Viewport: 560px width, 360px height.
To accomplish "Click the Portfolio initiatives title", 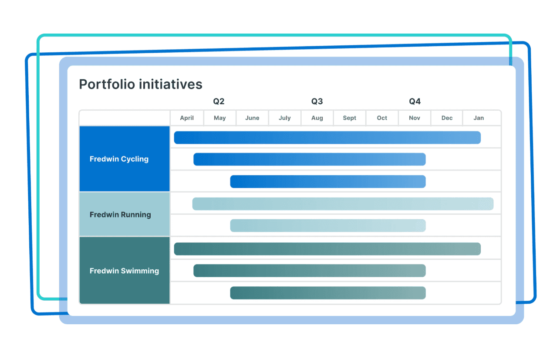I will (141, 84).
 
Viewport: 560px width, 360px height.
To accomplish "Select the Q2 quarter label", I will (219, 102).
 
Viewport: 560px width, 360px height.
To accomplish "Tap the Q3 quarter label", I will (317, 102).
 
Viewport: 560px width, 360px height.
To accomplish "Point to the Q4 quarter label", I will (415, 102).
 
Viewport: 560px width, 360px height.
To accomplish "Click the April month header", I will (187, 118).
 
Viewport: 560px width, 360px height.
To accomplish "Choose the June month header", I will (252, 118).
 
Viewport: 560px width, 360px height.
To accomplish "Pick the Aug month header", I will (317, 118).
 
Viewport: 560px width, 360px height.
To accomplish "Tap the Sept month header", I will (349, 118).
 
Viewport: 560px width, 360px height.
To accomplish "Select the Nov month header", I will (415, 118).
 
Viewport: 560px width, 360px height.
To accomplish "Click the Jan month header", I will (479, 118).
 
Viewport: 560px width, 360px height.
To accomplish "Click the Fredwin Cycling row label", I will (119, 159).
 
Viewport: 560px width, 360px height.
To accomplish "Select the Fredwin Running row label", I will (120, 214).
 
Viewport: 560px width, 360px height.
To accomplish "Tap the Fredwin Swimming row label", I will (124, 271).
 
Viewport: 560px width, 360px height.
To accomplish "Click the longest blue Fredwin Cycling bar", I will (327, 138).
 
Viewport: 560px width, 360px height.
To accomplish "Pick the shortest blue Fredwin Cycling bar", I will (327, 181).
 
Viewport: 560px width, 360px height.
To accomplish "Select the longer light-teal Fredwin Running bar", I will (343, 204).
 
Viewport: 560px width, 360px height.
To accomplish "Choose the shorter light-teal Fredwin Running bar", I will (327, 226).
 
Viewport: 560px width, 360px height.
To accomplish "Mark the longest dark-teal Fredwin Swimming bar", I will (327, 249).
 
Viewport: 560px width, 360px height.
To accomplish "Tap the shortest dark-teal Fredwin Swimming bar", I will (327, 293).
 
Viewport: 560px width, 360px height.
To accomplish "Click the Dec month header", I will (447, 118).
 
